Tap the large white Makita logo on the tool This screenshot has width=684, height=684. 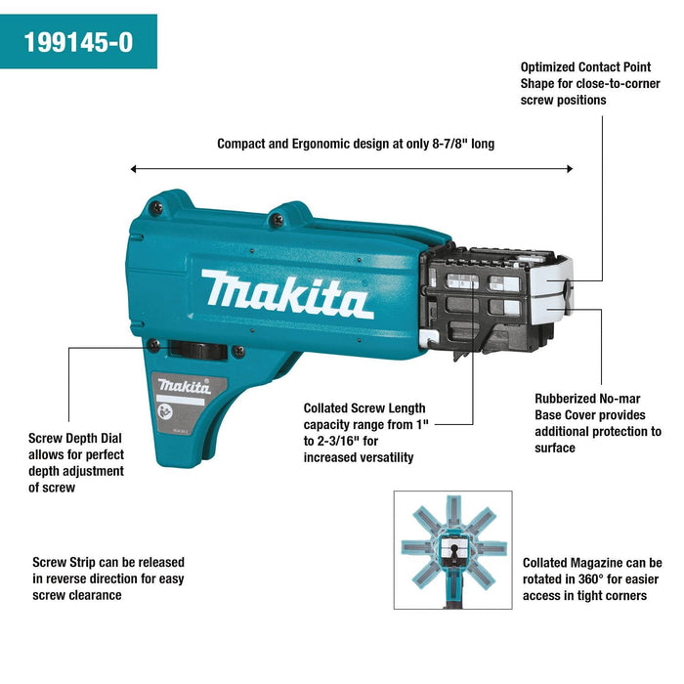pyautogui.click(x=287, y=294)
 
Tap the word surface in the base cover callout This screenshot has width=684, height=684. pyautogui.click(x=555, y=449)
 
